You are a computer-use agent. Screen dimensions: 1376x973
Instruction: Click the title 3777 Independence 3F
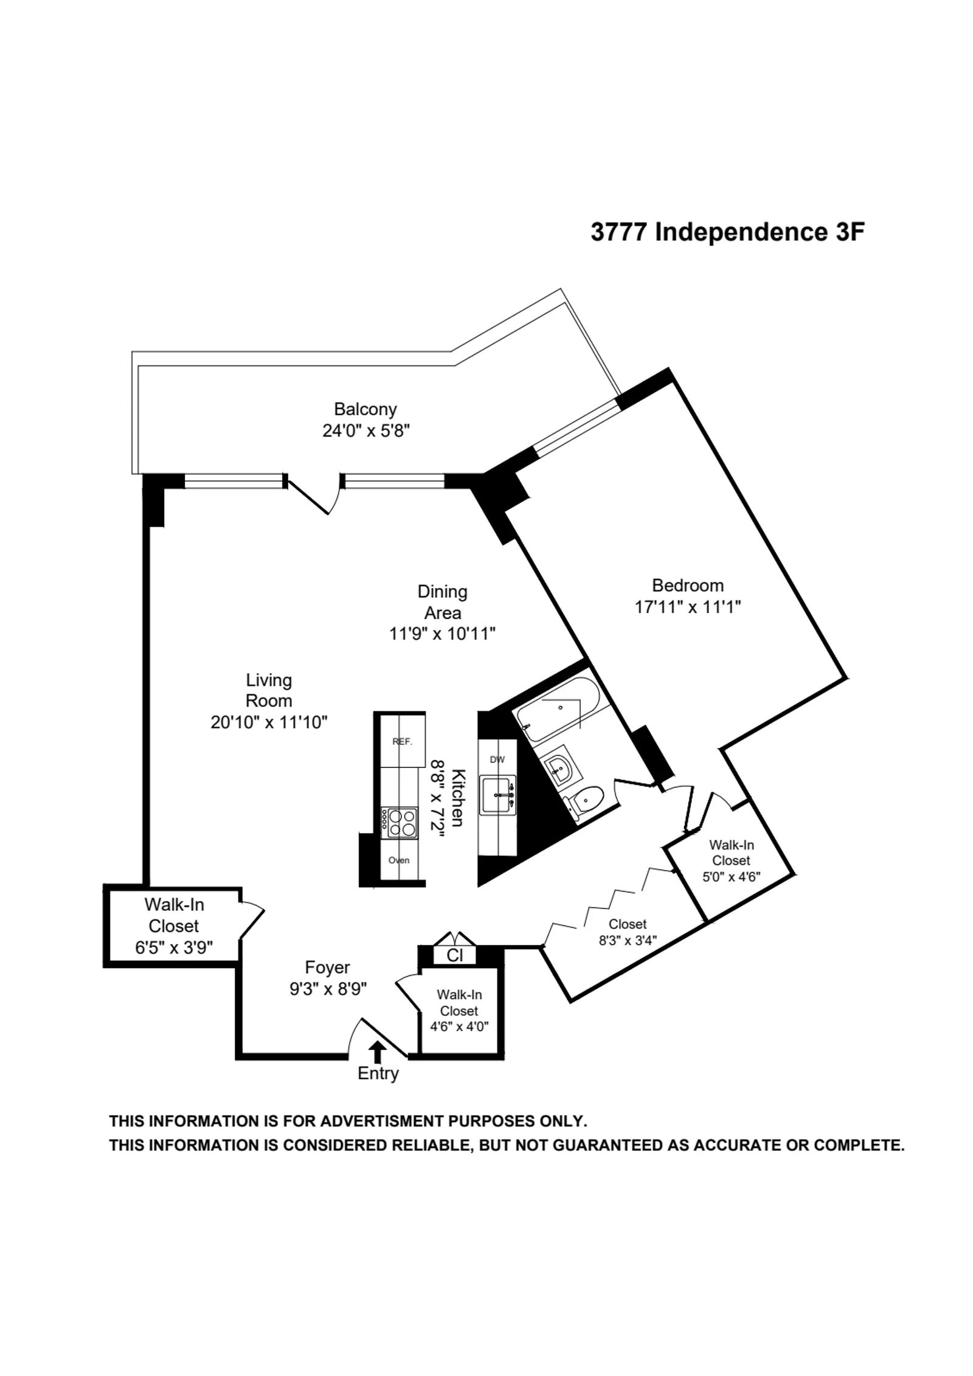point(727,232)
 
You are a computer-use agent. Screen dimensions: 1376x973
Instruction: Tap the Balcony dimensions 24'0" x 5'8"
point(365,430)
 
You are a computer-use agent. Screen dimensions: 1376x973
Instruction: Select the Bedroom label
point(687,585)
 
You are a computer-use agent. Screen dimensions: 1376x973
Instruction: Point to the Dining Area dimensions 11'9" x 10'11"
point(442,634)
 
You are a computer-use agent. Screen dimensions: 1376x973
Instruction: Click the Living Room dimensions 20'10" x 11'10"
point(269,722)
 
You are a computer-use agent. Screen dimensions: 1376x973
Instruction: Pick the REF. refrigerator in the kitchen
point(403,741)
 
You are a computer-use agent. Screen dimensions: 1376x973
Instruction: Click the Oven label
point(399,860)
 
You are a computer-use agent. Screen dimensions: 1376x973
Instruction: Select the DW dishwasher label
point(497,759)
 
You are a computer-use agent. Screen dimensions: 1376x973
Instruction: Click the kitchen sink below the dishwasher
point(497,795)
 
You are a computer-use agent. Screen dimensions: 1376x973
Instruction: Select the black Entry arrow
point(378,1051)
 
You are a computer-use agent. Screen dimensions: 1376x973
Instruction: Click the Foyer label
point(327,967)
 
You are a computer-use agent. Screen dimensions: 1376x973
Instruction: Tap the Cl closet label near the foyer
point(454,955)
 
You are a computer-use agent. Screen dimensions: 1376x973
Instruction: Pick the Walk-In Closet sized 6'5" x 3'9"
point(173,925)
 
